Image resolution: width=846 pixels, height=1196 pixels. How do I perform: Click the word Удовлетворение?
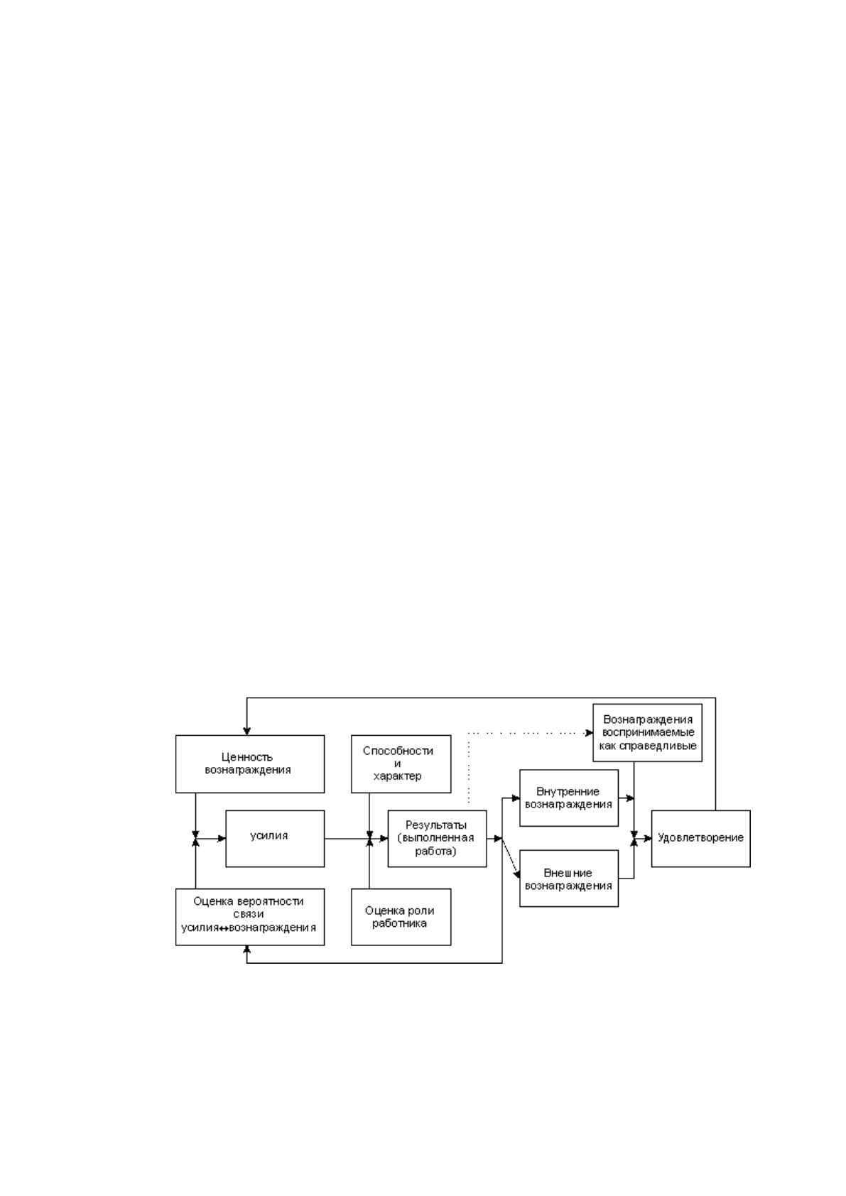point(700,838)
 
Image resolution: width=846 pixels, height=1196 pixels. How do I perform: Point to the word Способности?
point(398,751)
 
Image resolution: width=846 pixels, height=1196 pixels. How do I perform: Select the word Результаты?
point(436,825)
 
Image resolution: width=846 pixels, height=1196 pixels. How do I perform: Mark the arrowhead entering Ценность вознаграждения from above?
point(246,731)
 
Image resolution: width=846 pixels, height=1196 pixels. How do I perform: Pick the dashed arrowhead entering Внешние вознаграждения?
point(516,874)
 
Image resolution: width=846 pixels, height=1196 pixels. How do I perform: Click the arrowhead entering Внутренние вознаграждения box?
point(516,798)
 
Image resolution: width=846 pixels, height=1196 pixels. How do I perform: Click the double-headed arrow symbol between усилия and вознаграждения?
point(223,928)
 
